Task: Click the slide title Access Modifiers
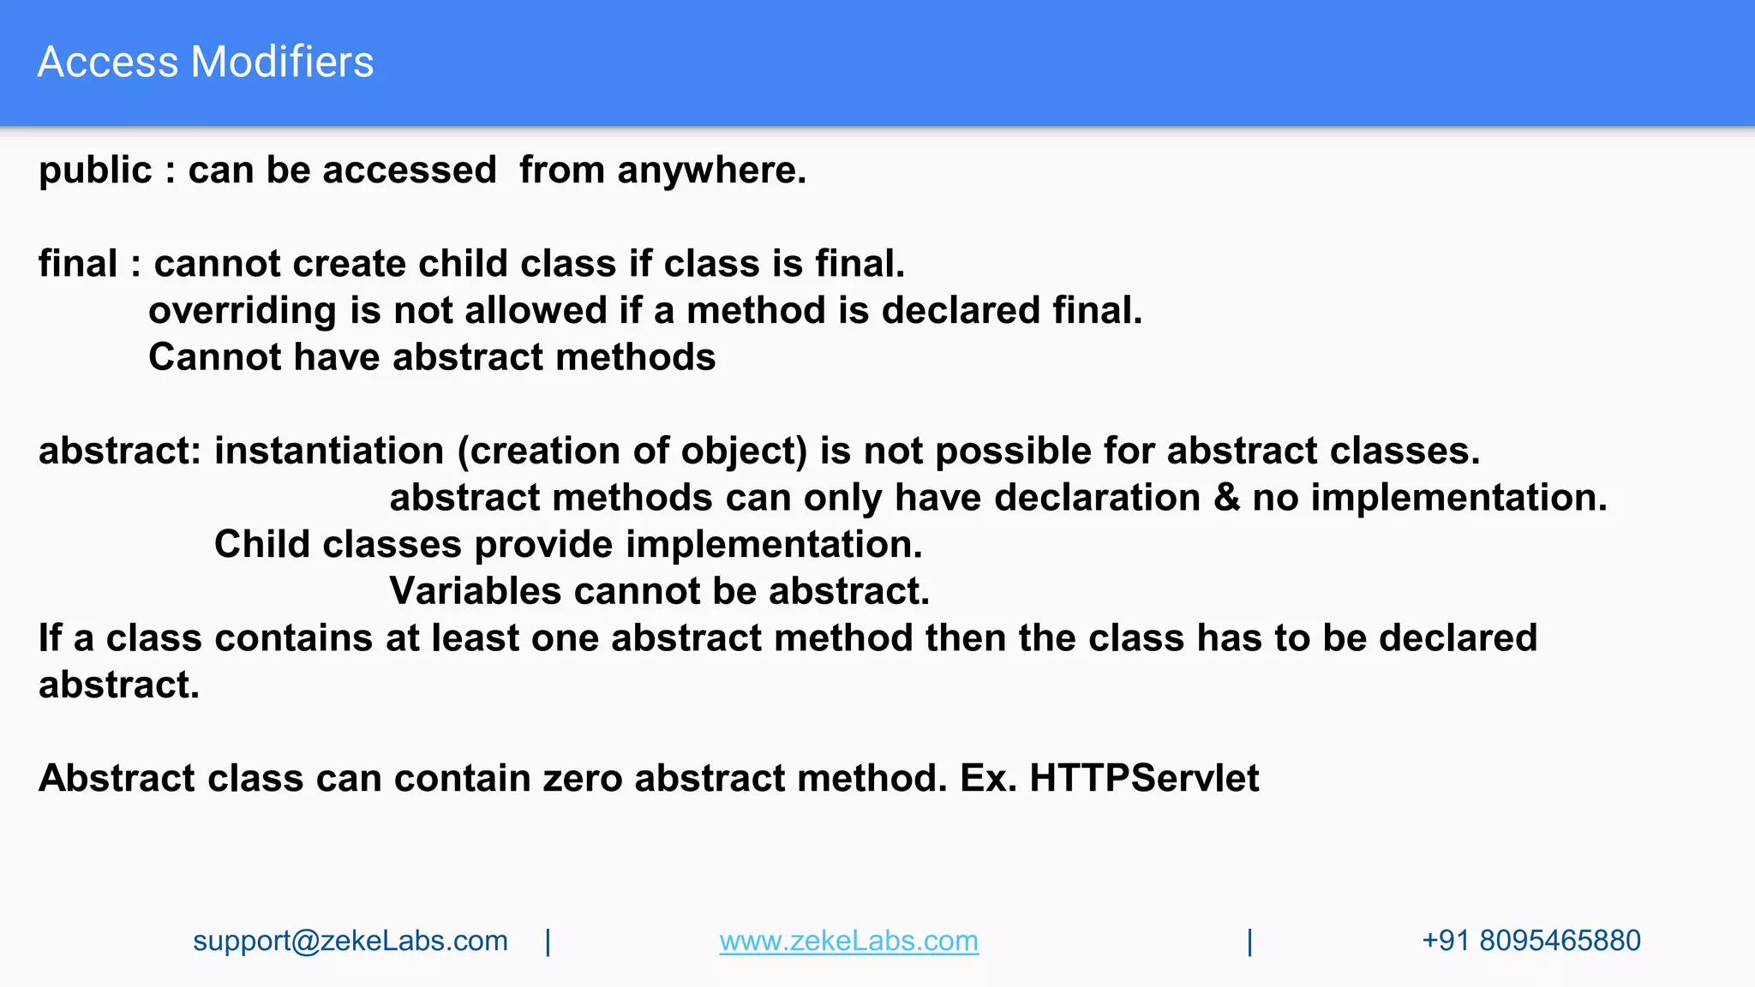coord(206,62)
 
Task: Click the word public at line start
coord(95,170)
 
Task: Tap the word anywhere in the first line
coord(711,170)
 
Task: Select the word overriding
coord(242,311)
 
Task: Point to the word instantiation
coord(328,451)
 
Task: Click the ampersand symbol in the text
coord(1226,498)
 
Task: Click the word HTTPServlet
coord(1144,778)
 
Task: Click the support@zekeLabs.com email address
coord(350,941)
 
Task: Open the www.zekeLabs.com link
coord(848,941)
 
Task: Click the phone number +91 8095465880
coord(1530,941)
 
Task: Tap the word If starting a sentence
coord(50,638)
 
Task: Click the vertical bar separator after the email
coord(548,942)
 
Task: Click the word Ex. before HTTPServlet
coord(988,778)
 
